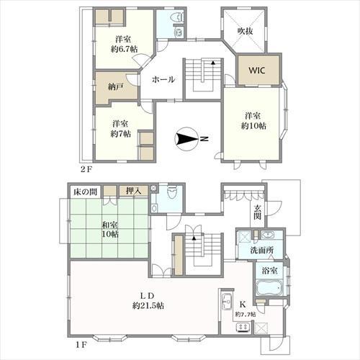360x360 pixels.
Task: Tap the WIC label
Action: tap(257, 71)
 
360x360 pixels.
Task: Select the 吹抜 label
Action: tap(246, 31)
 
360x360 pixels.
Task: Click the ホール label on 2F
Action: tap(163, 79)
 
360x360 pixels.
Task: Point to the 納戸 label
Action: tap(116, 87)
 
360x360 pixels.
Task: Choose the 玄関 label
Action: tap(257, 212)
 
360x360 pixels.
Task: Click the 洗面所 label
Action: tap(262, 251)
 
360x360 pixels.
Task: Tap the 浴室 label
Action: tap(270, 271)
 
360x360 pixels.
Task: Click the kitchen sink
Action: tap(227, 300)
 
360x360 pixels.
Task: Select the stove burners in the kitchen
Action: tap(243, 328)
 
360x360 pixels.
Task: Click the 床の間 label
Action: tap(85, 192)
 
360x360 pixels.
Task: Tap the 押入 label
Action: tap(134, 191)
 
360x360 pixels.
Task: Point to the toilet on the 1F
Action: tap(171, 193)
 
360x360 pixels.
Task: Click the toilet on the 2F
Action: tap(177, 17)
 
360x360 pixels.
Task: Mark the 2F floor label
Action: tap(86, 170)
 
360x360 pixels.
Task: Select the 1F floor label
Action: tap(81, 345)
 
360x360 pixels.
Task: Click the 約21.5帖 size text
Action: tap(148, 305)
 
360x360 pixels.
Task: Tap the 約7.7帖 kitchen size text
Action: tap(246, 314)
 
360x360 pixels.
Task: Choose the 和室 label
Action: tap(110, 225)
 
